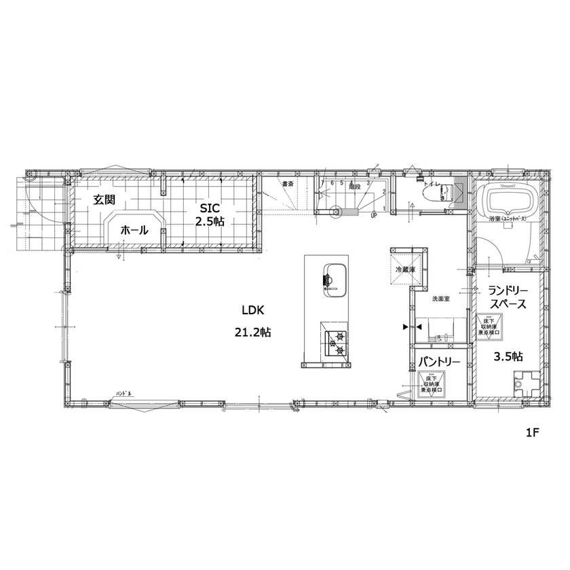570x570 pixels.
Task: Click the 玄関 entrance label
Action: coord(104,199)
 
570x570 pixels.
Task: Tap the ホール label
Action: coord(134,231)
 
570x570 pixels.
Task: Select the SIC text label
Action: coord(210,208)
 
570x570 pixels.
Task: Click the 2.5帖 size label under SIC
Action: coord(210,222)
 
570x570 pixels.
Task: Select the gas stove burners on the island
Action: coord(336,342)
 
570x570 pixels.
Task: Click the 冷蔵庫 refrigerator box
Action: coord(406,269)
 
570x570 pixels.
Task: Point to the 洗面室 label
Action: coord(441,298)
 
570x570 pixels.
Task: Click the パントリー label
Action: coord(439,362)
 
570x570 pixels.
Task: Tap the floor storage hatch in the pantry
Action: coord(432,383)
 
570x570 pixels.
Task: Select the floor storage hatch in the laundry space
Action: coord(489,326)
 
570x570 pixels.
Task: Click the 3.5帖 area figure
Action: coord(507,356)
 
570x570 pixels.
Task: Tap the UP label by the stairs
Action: coord(374,216)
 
